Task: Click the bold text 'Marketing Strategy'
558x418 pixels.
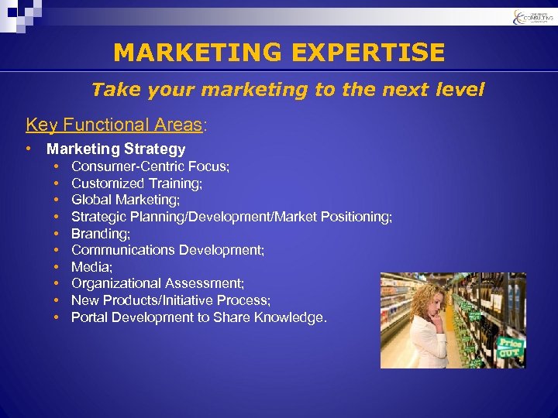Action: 116,149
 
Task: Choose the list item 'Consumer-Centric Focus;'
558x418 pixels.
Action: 150,166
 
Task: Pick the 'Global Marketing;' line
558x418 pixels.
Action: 126,200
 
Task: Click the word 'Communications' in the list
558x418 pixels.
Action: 123,250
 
